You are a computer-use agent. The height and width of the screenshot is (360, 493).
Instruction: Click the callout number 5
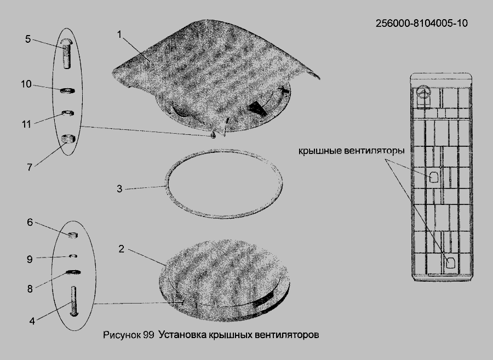pos(28,39)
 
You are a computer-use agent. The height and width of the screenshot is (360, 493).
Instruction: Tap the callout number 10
pos(26,84)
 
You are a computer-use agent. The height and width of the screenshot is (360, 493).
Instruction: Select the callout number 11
pos(26,124)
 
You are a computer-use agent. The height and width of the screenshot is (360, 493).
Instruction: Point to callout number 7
pos(29,167)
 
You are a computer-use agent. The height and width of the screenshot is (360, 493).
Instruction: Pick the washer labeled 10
pos(67,90)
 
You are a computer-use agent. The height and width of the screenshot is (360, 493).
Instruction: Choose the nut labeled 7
pos(68,138)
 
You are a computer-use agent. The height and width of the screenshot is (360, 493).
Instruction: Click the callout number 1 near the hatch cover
pos(119,35)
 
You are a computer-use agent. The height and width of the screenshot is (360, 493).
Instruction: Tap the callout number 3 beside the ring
pos(119,188)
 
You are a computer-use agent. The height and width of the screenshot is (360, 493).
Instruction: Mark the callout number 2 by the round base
pos(122,249)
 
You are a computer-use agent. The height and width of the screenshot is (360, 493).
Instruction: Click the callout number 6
pos(30,222)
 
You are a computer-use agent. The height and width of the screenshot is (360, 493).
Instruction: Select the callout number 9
pos(30,259)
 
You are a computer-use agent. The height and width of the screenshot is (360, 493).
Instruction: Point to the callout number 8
pos(30,289)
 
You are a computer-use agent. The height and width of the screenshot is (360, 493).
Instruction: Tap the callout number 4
pos(32,321)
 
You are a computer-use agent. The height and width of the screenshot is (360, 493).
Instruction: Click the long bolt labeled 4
pos(74,301)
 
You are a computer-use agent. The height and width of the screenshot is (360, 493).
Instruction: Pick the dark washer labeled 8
pos(73,272)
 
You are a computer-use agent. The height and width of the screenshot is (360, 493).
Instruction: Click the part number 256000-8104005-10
pos(422,23)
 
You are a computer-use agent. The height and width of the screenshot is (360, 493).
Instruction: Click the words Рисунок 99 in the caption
pos(128,335)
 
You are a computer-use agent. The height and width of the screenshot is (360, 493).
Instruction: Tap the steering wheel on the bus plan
pos(423,93)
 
